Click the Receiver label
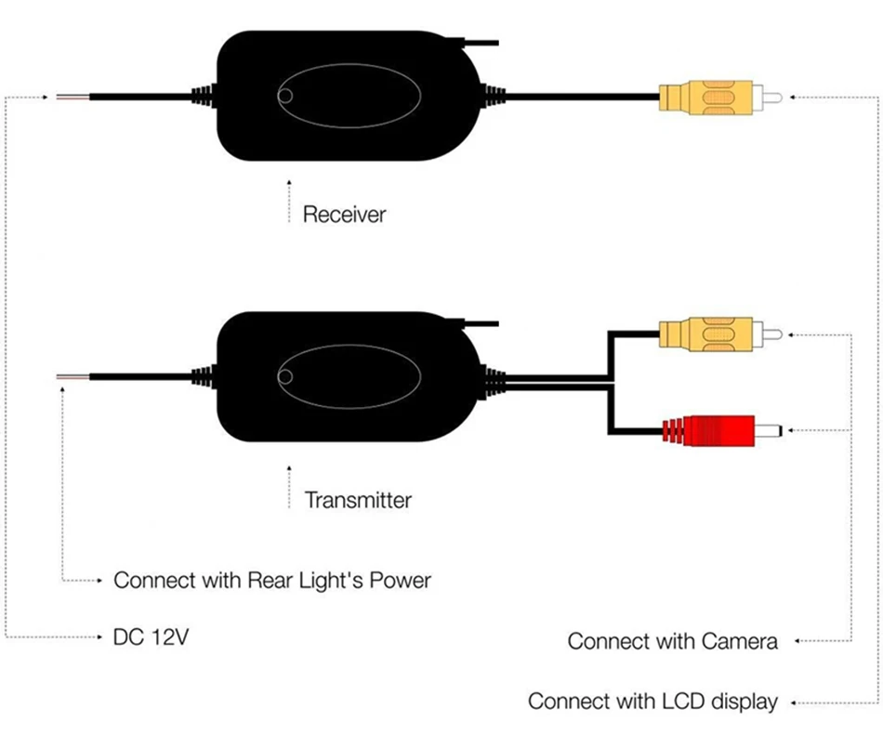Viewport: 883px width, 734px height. coord(344,215)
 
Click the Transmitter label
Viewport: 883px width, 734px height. coord(358,500)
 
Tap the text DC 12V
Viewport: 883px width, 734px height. coord(151,637)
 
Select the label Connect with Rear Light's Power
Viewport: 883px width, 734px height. coord(272,581)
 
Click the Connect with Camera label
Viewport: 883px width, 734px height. coord(672,641)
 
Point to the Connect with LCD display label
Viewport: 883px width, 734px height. coord(652,701)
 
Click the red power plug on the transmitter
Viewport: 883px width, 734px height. coord(722,430)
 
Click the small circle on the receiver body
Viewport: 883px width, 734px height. coord(285,97)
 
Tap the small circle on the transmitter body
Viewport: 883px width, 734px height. coord(285,377)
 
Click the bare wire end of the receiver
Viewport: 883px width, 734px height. coord(72,98)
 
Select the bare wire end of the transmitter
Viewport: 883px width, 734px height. coord(72,376)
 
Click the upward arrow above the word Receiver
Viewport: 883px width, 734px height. coord(289,201)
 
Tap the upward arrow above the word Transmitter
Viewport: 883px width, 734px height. coord(289,487)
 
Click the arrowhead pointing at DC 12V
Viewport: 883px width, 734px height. coord(99,637)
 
